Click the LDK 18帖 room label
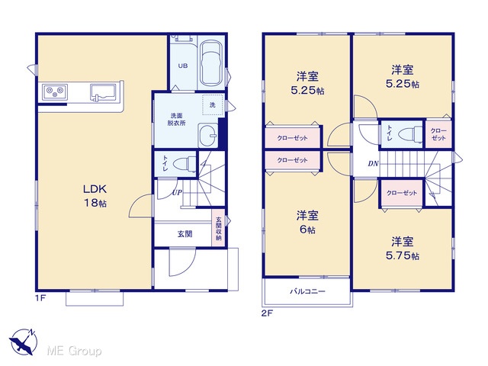[x=95, y=196]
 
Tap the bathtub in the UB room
[x=211, y=63]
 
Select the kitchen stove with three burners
[x=55, y=91]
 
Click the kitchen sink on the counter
[x=104, y=92]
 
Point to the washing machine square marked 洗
[x=213, y=105]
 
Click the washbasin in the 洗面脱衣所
[x=208, y=135]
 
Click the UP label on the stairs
[x=177, y=193]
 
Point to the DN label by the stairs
[x=373, y=163]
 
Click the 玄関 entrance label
[x=185, y=234]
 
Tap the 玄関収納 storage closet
[x=218, y=228]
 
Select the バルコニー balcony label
[x=307, y=291]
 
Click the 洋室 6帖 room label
[x=307, y=222]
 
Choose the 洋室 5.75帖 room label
[x=402, y=249]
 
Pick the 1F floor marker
[x=40, y=298]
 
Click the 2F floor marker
[x=267, y=313]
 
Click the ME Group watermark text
[x=74, y=351]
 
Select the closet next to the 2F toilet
[x=438, y=134]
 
